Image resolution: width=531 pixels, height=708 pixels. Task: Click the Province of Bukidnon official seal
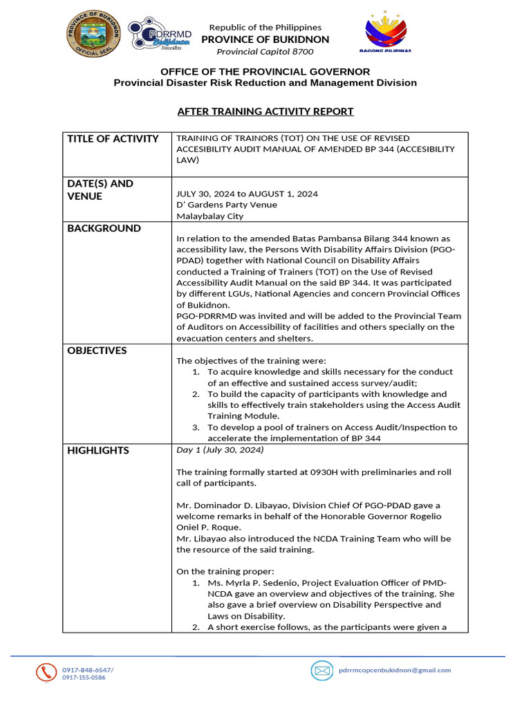94,35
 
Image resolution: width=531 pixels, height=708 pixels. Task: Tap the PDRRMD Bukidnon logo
159,35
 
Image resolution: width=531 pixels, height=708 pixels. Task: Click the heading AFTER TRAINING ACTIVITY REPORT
265,111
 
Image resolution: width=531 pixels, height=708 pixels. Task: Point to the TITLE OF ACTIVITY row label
113,139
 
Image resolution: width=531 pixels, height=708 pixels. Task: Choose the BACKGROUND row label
104,229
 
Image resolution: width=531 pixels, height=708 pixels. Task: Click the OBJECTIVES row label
97,351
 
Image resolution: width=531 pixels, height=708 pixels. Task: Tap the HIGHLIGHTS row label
98,451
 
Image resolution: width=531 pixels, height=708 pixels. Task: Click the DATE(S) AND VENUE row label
100,190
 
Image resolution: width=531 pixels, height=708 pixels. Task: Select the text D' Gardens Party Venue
227,205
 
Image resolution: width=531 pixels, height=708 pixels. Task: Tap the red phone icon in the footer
47,672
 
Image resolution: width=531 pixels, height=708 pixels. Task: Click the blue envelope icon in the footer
322,670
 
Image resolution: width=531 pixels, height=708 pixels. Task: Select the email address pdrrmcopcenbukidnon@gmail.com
394,670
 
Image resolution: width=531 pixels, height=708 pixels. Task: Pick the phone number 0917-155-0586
84,678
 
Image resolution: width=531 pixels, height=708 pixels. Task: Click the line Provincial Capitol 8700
265,52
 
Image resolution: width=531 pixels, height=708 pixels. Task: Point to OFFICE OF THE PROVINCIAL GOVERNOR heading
265,72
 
